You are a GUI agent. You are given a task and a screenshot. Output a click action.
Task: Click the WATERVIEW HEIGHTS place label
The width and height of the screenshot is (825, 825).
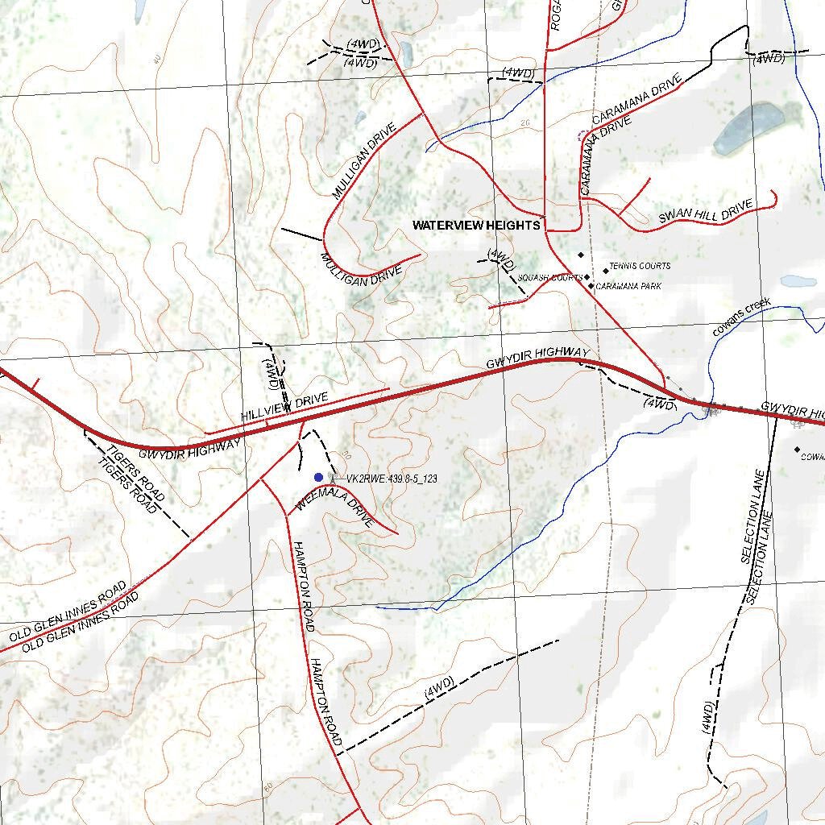tap(476, 226)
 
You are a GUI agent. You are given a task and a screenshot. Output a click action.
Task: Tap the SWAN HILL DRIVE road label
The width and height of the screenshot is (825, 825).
tap(705, 212)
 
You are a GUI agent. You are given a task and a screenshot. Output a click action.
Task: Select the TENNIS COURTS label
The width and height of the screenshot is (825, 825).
tap(640, 266)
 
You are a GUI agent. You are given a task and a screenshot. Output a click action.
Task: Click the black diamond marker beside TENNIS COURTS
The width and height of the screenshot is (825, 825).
tap(606, 271)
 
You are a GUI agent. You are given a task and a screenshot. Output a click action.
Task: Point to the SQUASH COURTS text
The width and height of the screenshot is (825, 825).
tap(550, 278)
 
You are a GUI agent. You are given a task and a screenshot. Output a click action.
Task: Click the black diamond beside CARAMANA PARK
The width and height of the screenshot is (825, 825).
tap(591, 285)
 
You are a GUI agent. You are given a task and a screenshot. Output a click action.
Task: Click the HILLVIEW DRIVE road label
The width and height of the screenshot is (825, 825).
tap(285, 408)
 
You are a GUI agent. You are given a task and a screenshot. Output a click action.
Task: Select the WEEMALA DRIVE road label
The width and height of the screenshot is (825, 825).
tap(334, 511)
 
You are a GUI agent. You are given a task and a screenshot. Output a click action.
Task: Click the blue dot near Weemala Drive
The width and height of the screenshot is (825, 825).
tap(318, 478)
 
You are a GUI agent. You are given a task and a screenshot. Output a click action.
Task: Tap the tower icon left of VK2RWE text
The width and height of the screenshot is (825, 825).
tap(334, 478)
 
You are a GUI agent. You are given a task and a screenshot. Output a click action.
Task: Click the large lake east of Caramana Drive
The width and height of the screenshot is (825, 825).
tap(748, 129)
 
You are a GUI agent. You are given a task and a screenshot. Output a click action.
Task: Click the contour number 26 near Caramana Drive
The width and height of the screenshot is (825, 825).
tap(525, 123)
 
